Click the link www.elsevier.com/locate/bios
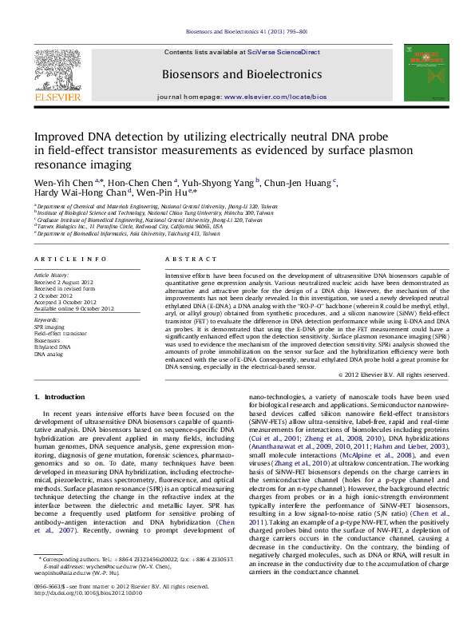point(275,96)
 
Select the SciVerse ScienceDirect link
point(285,52)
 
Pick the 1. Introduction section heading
point(60,397)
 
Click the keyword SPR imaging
point(49,327)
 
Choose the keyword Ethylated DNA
point(52,347)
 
